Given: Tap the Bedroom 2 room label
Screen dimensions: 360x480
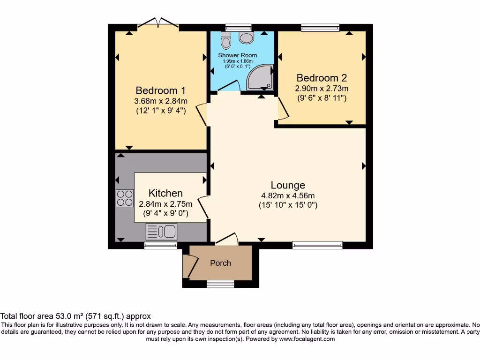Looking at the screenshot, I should pyautogui.click(x=322, y=78).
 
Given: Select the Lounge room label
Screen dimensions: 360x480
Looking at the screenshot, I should pyautogui.click(x=288, y=185).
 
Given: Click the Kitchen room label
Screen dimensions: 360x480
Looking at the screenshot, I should pyautogui.click(x=165, y=193).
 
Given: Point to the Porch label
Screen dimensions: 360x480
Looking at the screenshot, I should pyautogui.click(x=220, y=263).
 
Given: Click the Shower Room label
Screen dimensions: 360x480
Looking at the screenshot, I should pyautogui.click(x=237, y=55).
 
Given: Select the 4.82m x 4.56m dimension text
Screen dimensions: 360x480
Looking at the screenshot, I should pyautogui.click(x=288, y=195).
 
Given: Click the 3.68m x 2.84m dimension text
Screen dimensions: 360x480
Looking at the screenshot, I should pyautogui.click(x=161, y=101).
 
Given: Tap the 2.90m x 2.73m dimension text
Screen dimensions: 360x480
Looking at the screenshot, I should pyautogui.click(x=322, y=88).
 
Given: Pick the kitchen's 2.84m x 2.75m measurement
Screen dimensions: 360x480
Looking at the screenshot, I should pyautogui.click(x=165, y=204).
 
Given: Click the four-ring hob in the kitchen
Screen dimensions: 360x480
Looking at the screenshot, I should pyautogui.click(x=125, y=198).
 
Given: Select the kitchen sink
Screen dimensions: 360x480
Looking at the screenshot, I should pyautogui.click(x=162, y=232).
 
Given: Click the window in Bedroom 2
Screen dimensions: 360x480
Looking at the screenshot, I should pyautogui.click(x=321, y=28).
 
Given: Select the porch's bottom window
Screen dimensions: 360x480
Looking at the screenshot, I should pyautogui.click(x=220, y=283).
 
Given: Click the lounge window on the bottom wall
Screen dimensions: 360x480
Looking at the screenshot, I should pyautogui.click(x=317, y=245).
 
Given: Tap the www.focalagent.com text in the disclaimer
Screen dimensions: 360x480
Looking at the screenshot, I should pyautogui.click(x=307, y=339).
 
